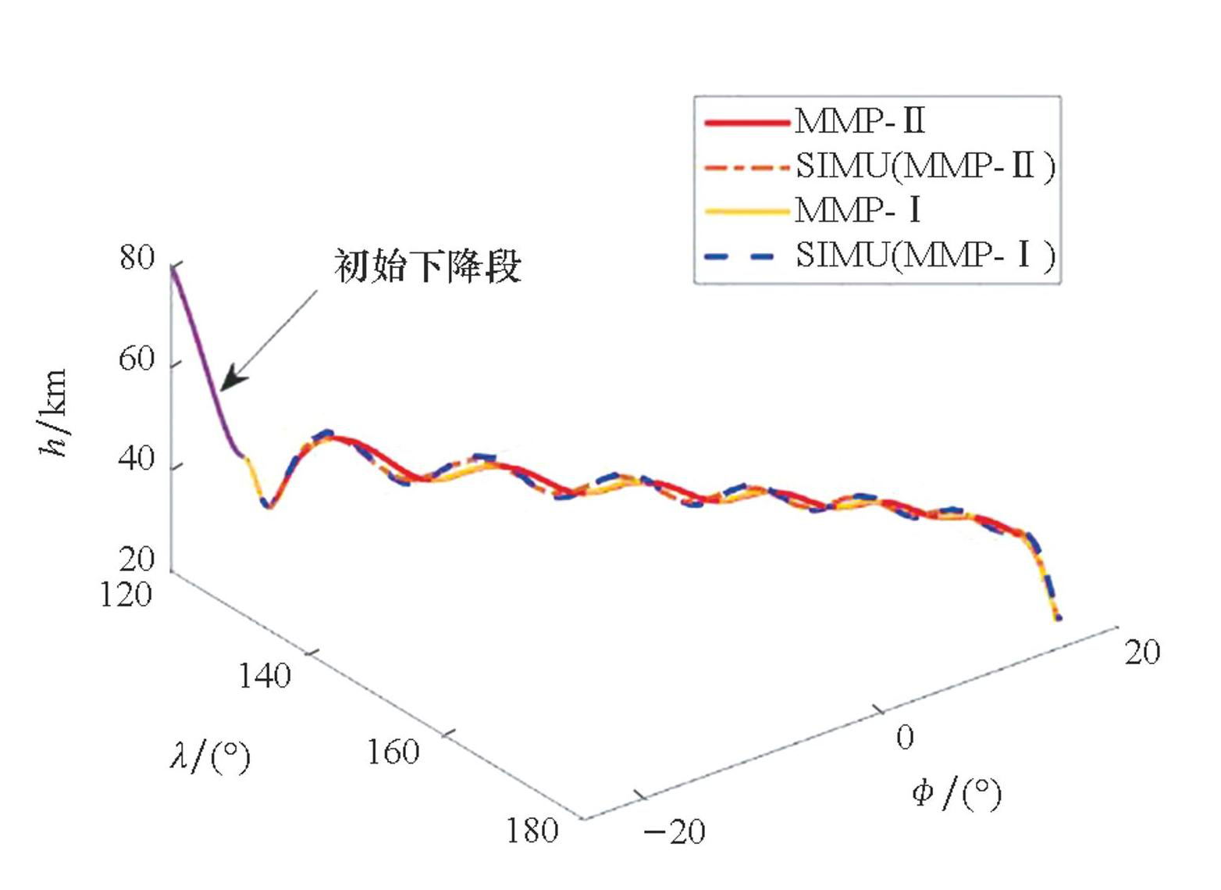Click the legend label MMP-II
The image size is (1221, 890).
tap(860, 121)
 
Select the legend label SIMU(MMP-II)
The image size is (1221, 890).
tap(925, 166)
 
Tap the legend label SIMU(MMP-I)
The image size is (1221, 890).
tap(925, 255)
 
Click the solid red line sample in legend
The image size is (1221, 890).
tap(746, 122)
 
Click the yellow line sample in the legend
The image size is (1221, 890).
tap(746, 211)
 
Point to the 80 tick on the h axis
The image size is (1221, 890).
tap(137, 257)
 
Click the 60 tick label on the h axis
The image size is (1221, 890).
tap(137, 359)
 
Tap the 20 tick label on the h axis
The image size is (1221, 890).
tap(137, 559)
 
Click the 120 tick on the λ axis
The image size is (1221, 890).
tap(126, 595)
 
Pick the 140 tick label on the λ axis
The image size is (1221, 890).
tap(264, 676)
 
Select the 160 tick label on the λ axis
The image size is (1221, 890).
tap(393, 752)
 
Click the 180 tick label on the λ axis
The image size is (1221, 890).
tap(532, 831)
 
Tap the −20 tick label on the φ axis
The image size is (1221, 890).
tap(675, 832)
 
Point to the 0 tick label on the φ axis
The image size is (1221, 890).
tap(905, 737)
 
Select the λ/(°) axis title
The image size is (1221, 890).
tap(210, 756)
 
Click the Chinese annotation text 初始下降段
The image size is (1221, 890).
tap(427, 266)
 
